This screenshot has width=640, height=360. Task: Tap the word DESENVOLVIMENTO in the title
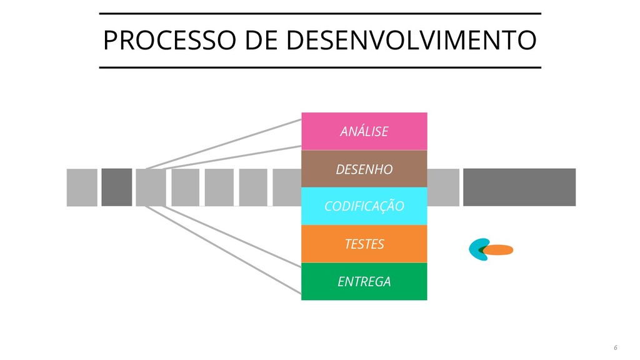tap(411, 41)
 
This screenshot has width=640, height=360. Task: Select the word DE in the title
tap(263, 41)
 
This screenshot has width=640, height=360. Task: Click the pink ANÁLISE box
tap(364, 131)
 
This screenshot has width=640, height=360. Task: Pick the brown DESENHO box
tap(364, 169)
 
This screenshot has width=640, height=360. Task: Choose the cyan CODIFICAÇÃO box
tap(364, 206)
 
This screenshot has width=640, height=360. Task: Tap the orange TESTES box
tap(364, 244)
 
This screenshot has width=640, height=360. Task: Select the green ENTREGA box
tap(364, 281)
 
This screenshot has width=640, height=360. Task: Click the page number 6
tap(614, 347)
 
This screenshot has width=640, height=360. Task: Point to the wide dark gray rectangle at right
tap(519, 187)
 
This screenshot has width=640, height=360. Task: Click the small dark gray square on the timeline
tap(117, 187)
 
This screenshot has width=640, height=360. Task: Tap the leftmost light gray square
tap(82, 187)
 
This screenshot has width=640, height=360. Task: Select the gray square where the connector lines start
tap(151, 187)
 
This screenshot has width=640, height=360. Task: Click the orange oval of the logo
tap(499, 250)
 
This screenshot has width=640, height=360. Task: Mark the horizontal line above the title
tap(320, 13)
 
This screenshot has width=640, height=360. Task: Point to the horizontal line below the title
tap(320, 67)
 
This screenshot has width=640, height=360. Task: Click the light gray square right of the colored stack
tap(443, 187)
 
